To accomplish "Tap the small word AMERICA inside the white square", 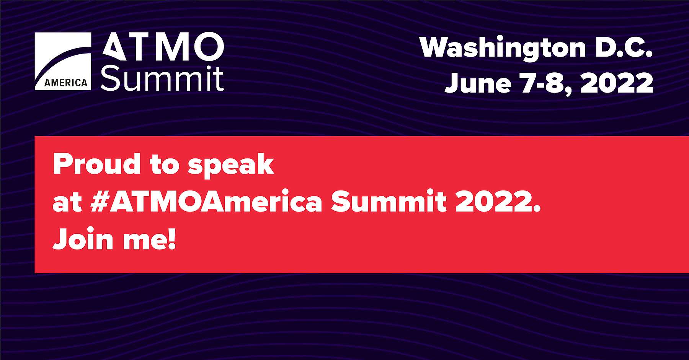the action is click(x=66, y=83).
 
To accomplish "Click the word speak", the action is click(x=231, y=166).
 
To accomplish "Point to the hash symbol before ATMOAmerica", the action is click(x=101, y=201).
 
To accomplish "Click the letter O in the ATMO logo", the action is click(x=209, y=47).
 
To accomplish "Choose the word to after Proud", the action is click(x=165, y=165).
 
